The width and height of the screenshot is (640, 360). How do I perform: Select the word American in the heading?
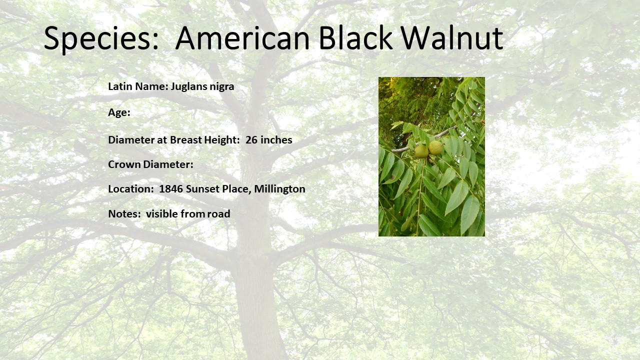[x=242, y=37]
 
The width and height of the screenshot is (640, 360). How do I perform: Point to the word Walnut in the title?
[x=452, y=37]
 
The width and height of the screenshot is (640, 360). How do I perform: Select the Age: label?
[x=119, y=112]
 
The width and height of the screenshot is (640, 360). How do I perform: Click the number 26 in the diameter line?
[x=251, y=140]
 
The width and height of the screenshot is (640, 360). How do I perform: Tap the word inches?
[x=276, y=140]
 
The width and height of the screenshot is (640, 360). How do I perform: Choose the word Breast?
[x=187, y=140]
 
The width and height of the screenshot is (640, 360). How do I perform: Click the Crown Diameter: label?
[x=150, y=164]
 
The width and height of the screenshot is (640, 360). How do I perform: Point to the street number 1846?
[x=171, y=189]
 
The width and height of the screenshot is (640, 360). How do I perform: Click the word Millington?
[x=279, y=189]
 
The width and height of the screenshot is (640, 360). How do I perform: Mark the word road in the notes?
[x=219, y=214]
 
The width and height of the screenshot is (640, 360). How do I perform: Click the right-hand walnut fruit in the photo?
[x=435, y=147]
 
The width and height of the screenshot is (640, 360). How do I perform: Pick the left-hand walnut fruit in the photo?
[x=421, y=151]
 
